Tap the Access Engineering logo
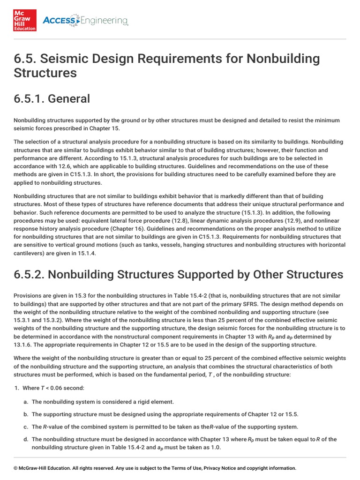click(x=85, y=21)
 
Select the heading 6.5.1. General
click(x=52, y=98)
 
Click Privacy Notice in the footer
click(x=220, y=468)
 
